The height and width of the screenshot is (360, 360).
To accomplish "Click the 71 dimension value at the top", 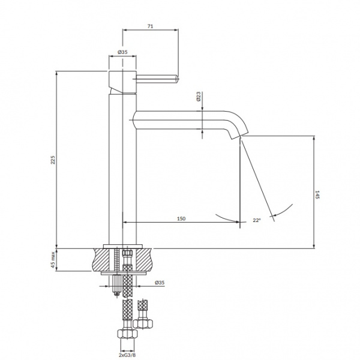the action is point(150,26).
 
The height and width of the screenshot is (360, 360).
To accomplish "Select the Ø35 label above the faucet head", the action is point(122,52).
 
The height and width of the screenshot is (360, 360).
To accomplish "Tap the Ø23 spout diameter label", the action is point(199,97).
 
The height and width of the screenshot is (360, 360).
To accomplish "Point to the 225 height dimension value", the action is point(53,160).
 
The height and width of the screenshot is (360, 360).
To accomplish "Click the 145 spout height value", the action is point(317,194).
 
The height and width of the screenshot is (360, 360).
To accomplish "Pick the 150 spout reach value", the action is point(181,218).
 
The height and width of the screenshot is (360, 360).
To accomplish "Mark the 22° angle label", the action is point(257,220).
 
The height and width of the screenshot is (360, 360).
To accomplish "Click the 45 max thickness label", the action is point(53,260).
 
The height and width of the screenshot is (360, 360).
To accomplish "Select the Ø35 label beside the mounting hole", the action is point(160,283).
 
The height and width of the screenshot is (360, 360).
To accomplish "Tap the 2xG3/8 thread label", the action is point(127,355).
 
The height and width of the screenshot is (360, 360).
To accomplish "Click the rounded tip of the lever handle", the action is point(177,79).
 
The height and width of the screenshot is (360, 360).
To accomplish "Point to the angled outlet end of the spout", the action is point(239,136).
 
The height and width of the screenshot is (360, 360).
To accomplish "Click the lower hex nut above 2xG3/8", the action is point(127,334).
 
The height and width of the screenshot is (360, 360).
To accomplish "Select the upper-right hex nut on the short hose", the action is point(143,323).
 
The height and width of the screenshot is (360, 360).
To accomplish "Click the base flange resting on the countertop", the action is point(123,247).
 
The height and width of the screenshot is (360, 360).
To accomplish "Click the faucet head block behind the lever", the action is point(122,82).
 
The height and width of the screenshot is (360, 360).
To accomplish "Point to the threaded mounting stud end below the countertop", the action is point(117,285).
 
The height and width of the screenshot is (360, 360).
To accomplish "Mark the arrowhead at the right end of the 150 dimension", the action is point(237,222).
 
